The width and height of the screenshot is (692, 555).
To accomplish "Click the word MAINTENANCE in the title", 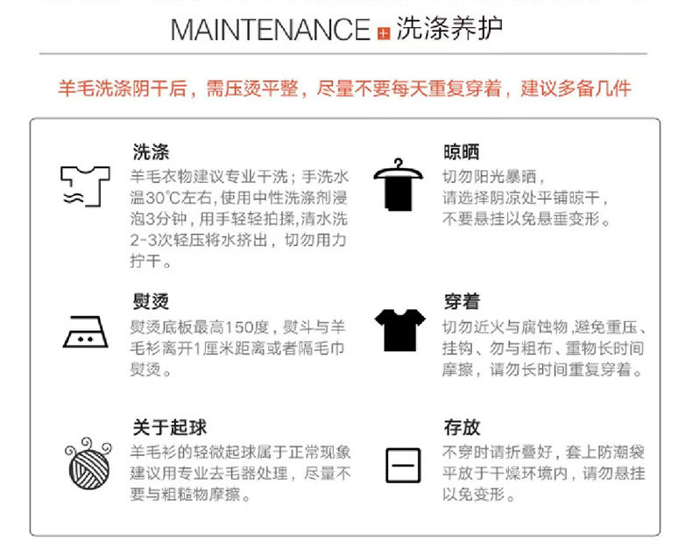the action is tap(270, 30).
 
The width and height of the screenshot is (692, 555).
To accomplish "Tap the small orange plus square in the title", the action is tap(384, 33).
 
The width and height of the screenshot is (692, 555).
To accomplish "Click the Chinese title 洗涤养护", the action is tap(449, 29).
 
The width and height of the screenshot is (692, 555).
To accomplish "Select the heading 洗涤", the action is tap(151, 151).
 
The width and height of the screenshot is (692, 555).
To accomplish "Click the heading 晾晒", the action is tap(462, 151).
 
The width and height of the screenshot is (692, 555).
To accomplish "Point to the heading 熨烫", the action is tap(151, 302).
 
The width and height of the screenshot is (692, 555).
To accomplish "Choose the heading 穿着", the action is tap(462, 302).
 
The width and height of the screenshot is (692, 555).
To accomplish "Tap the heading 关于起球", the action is tap(170, 427).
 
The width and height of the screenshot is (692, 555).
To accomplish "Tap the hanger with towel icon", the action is tap(398, 185).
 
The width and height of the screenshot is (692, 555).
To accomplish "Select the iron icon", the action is tap(85, 332).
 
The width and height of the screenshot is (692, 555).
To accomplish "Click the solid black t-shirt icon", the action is tap(400, 330).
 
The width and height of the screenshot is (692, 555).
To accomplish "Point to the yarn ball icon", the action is tap(88, 463).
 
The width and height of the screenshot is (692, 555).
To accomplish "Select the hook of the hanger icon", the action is tap(399, 164).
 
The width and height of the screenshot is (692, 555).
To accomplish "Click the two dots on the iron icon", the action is tap(85, 340).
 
